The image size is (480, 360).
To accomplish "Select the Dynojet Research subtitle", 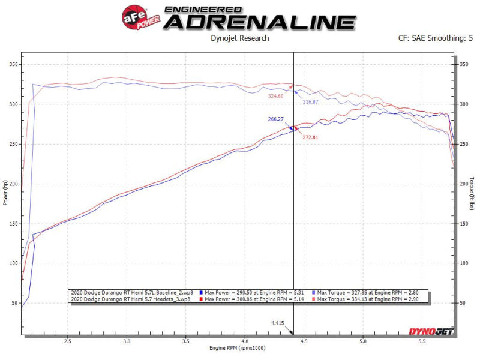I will [x=240, y=38].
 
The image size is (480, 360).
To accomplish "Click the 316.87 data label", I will [x=311, y=102].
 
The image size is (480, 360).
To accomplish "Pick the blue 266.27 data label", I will [x=276, y=119].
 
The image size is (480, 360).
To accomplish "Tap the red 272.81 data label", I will [x=311, y=137].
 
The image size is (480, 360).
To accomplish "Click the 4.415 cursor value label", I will [x=277, y=323].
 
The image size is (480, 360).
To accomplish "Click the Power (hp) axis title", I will [x=6, y=193].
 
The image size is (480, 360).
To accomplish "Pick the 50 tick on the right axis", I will [x=462, y=302].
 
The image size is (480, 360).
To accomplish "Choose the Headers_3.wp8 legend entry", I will [x=131, y=298].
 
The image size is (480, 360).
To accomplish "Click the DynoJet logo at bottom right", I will [x=431, y=331].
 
